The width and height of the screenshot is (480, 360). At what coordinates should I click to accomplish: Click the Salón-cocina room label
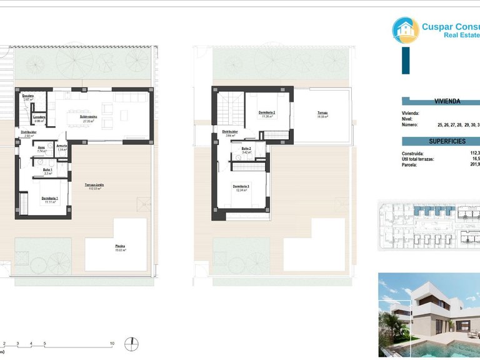point(88,117)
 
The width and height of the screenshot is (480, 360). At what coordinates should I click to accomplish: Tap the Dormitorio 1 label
point(50,198)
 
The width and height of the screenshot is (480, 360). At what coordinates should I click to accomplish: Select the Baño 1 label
point(47,170)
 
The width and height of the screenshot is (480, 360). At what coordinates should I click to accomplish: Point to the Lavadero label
point(39,117)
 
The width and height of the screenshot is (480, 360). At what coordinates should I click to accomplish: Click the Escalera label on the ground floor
point(28,96)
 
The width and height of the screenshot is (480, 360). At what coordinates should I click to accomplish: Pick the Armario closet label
point(62,146)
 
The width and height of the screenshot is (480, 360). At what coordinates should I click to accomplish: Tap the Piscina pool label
point(120,246)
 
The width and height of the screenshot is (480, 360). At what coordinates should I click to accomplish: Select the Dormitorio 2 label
point(267,112)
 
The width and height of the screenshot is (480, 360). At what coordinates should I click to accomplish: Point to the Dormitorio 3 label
point(241,186)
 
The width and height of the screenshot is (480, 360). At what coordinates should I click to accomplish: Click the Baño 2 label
point(246,149)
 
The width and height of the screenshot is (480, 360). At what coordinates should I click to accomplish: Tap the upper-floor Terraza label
point(322,113)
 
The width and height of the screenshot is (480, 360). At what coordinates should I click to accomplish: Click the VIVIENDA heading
point(447,101)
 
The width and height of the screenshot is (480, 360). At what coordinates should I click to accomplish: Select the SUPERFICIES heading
point(447,141)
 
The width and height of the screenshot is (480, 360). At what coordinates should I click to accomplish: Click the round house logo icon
point(406,30)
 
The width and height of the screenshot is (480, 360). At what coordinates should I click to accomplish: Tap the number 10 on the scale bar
point(112,344)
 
